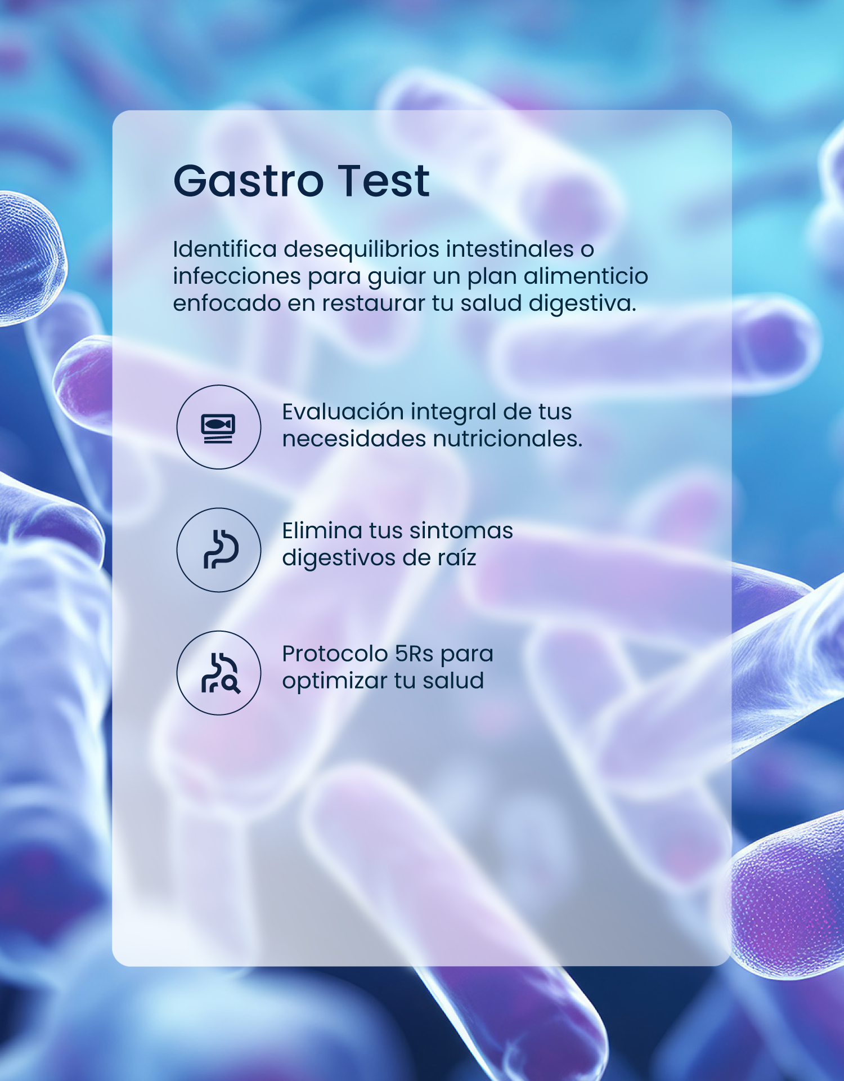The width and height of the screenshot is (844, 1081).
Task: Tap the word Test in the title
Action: pos(384,181)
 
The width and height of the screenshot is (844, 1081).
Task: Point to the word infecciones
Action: pos(237,276)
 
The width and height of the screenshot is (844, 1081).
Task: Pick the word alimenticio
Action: pos(586,276)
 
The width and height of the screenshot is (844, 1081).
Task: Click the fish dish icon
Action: pos(218,428)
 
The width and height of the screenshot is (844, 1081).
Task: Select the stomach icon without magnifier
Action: pos(221,549)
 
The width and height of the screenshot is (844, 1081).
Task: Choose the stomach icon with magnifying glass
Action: pos(221,672)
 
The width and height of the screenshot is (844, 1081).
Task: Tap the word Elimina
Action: pos(322,530)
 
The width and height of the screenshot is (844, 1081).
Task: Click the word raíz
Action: pos(456,557)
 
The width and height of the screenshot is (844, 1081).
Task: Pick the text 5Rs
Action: pos(414,654)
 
